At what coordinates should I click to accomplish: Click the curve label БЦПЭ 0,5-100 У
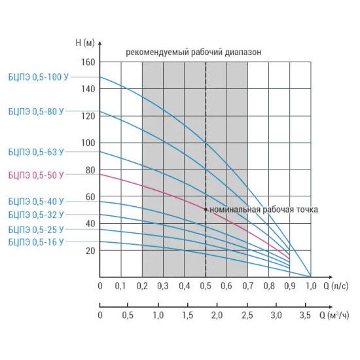(39, 77)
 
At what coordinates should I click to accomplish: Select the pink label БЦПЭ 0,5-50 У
(36, 175)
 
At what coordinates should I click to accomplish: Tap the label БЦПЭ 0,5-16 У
(36, 242)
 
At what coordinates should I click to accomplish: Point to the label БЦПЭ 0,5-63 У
(36, 152)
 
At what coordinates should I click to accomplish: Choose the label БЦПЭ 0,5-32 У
(36, 215)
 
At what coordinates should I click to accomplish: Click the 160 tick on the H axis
(88, 62)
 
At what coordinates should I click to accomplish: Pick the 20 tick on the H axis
(90, 251)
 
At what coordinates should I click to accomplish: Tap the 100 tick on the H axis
(88, 143)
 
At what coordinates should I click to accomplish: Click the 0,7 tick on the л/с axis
(247, 286)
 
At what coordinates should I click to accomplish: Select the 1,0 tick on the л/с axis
(311, 286)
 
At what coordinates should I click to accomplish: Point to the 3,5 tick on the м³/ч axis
(305, 315)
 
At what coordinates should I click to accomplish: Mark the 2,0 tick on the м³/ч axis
(217, 315)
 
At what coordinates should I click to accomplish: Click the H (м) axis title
(85, 43)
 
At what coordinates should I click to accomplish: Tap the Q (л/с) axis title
(336, 286)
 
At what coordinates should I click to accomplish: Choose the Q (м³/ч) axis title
(334, 315)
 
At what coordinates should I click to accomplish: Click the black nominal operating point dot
(206, 209)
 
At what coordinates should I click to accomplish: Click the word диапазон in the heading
(243, 52)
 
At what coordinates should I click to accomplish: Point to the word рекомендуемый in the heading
(157, 52)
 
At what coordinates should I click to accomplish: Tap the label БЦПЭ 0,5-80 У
(36, 111)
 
